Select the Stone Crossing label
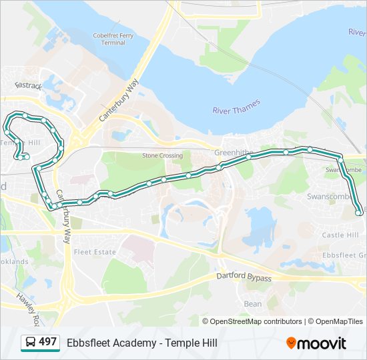162,155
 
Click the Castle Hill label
340,235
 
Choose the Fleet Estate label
94,252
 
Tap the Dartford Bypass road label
244,277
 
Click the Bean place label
253,303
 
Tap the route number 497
47,342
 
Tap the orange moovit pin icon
291,343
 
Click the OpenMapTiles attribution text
340,321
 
